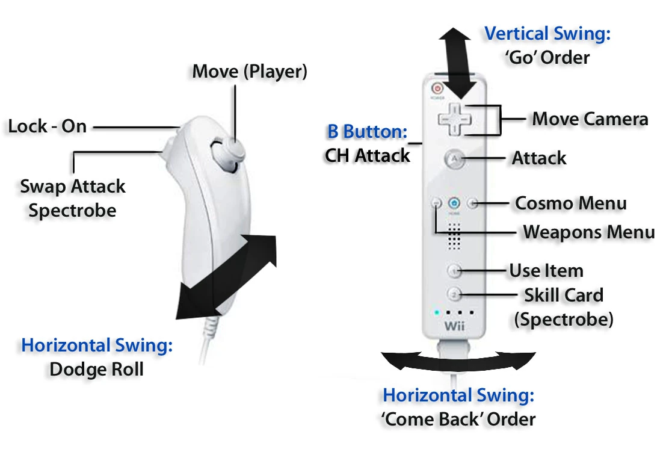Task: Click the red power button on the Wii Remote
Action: pos(437,89)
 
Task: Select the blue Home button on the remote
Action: pos(455,203)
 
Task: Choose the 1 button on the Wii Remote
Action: pos(455,271)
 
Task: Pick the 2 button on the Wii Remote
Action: pos(455,294)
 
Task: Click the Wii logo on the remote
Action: pos(455,326)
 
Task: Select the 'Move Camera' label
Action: pos(590,119)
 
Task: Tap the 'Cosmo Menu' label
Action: pos(570,203)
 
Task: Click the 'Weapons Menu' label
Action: pos(588,232)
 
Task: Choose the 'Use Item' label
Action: pos(546,271)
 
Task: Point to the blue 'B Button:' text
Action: pos(367,132)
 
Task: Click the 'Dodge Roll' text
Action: pos(96,368)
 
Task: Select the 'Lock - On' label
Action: pos(47,126)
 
